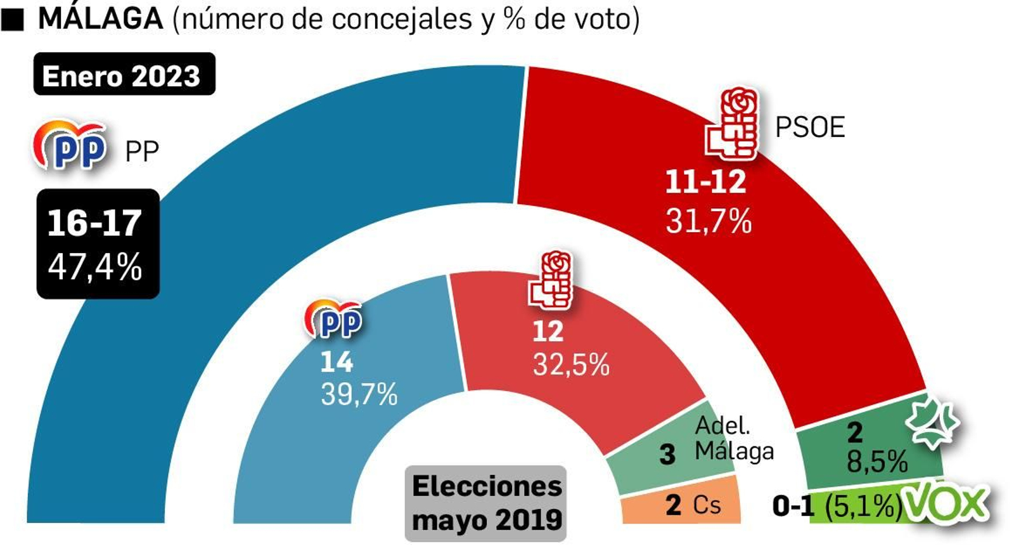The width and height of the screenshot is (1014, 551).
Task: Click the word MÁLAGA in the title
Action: pyautogui.click(x=100, y=18)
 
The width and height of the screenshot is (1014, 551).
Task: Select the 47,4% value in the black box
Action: pyautogui.click(x=95, y=267)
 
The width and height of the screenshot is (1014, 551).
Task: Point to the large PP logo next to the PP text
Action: pyautogui.click(x=70, y=146)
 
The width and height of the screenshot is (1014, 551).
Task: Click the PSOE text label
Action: pyautogui.click(x=809, y=128)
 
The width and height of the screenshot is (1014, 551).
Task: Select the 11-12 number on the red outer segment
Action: pyautogui.click(x=705, y=183)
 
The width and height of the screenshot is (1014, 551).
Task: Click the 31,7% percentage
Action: pyautogui.click(x=709, y=222)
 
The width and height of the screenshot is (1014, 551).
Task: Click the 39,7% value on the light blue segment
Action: pyautogui.click(x=359, y=394)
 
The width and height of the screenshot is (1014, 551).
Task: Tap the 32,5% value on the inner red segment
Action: pyautogui.click(x=570, y=365)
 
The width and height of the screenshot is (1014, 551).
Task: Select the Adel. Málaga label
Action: pyautogui.click(x=734, y=438)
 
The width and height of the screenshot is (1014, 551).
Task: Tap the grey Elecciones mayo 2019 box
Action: pyautogui.click(x=486, y=503)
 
